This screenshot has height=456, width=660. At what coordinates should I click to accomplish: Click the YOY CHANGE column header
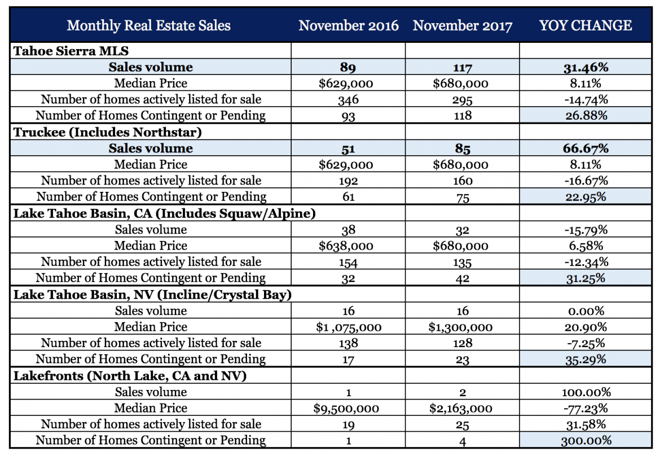point(585,25)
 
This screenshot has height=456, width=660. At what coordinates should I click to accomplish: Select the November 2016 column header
point(348,25)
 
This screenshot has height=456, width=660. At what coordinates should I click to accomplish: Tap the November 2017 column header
point(463,25)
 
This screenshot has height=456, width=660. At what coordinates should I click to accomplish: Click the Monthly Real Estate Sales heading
point(148,25)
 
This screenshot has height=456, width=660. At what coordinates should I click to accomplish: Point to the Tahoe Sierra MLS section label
point(71,51)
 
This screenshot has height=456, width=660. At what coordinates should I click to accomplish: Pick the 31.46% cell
point(585,67)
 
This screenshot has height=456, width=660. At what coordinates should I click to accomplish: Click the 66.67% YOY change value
point(585,148)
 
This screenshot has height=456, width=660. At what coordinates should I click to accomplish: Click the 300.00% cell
point(585,441)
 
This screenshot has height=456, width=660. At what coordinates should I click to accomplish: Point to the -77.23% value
point(585,408)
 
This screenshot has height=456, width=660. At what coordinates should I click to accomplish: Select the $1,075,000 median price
point(348,327)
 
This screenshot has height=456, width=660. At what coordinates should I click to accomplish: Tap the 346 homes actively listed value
point(348,100)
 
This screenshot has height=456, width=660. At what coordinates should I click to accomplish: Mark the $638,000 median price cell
point(348,245)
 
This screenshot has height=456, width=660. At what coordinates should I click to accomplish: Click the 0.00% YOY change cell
point(585,311)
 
